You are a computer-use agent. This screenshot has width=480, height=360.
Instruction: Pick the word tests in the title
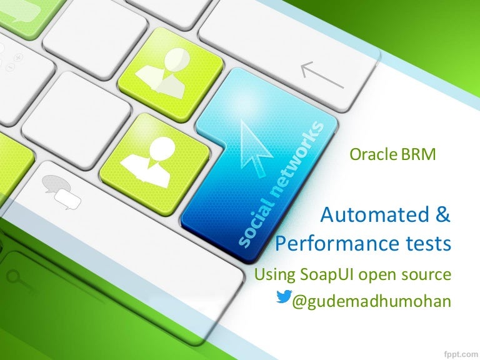click(426, 243)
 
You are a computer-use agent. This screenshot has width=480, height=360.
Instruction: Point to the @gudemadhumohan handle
click(372, 301)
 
